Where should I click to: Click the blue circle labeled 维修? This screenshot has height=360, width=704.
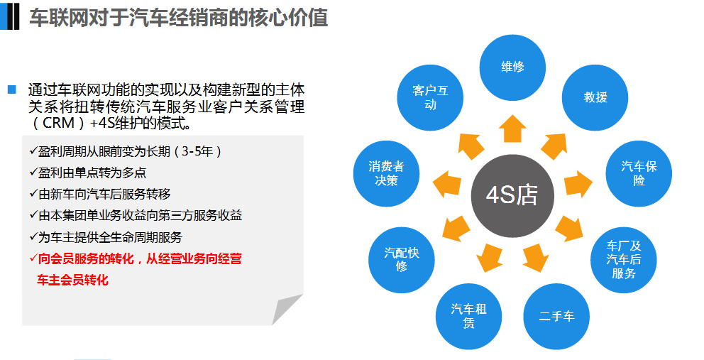click(x=512, y=67)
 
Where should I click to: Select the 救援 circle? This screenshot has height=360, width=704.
click(x=595, y=97)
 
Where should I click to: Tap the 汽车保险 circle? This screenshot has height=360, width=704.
click(x=639, y=173)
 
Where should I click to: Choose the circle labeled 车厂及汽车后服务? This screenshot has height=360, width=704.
click(x=623, y=260)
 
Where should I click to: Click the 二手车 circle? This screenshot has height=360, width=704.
click(x=556, y=317)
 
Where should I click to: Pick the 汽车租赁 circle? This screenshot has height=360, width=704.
click(x=468, y=317)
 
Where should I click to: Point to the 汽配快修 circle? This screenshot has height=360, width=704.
click(x=402, y=260)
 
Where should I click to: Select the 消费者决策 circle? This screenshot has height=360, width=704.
click(x=386, y=173)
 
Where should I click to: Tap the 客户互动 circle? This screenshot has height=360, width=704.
click(x=430, y=97)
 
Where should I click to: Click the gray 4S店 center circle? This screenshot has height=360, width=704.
click(x=512, y=195)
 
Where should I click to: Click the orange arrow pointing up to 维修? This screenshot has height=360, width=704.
click(x=512, y=129)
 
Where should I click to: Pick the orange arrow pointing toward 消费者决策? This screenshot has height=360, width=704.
click(x=447, y=184)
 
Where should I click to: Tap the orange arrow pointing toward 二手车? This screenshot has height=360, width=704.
click(x=535, y=258)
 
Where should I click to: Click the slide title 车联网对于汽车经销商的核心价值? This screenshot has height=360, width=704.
click(x=179, y=18)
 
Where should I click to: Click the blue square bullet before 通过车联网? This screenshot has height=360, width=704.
click(x=12, y=89)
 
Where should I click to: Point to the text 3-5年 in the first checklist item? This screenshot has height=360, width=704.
click(x=197, y=151)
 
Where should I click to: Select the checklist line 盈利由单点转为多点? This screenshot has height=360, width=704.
click(x=87, y=173)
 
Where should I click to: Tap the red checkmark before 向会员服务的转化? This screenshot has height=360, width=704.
click(x=33, y=258)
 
